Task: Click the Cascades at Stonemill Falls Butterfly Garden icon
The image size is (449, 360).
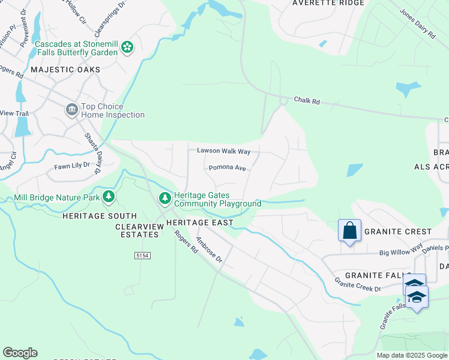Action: [127, 47]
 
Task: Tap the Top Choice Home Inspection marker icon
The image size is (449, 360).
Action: [71, 110]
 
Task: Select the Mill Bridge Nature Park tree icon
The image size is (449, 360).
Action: [109, 196]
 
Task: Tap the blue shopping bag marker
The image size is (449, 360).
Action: [349, 231]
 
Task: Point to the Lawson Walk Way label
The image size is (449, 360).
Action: [223, 151]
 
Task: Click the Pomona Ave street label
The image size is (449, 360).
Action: [228, 168]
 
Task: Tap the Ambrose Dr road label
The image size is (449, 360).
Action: [209, 250]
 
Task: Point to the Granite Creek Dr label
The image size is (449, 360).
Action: [358, 284]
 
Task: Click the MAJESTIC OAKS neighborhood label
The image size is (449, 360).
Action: [57, 70]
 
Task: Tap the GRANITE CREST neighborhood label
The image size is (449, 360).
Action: [398, 232]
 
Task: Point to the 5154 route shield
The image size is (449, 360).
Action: [142, 256]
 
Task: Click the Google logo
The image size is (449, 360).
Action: [20, 353]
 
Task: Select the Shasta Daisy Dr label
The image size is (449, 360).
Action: [92, 154]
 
